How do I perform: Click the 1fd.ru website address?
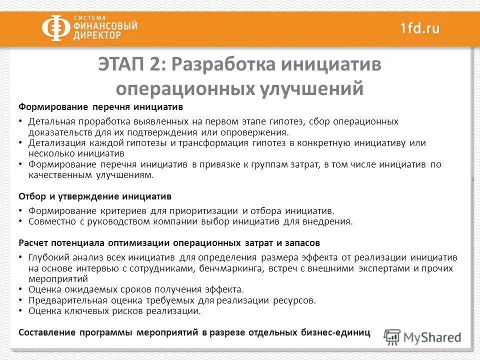419,28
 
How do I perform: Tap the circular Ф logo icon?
55,28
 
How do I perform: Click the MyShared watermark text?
432,337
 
